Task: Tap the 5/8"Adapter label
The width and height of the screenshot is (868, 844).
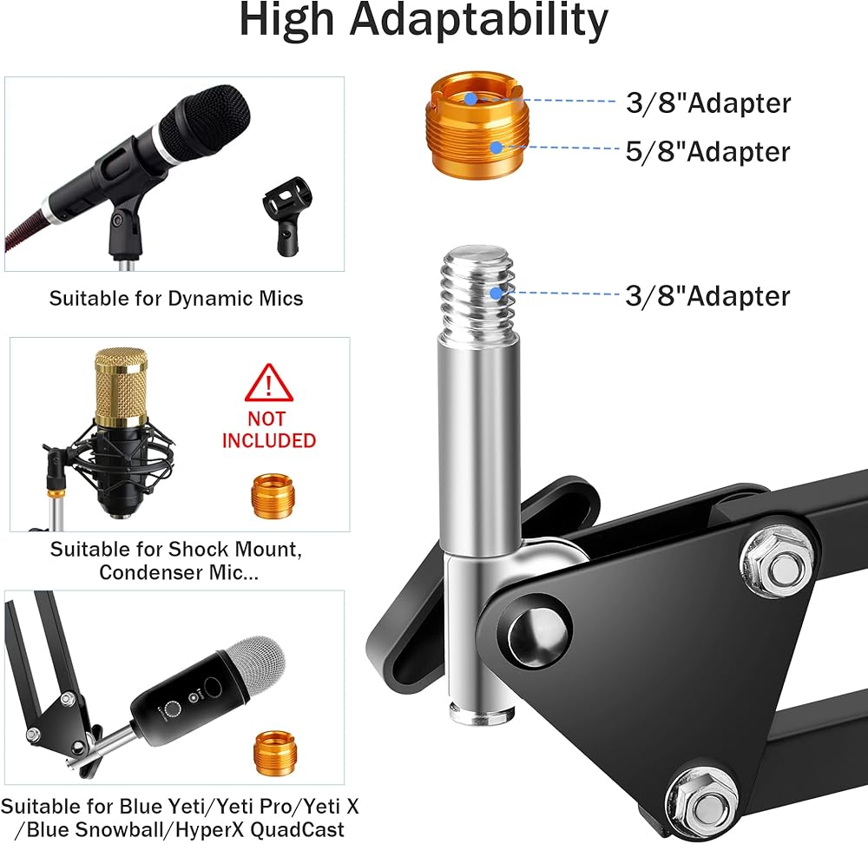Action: [708, 152]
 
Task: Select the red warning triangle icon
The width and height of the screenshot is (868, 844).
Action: [269, 382]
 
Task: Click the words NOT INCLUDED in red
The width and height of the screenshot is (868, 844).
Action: [269, 429]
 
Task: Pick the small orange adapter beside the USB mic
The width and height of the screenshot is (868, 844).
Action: [272, 753]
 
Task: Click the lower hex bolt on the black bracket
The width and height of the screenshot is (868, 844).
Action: [704, 796]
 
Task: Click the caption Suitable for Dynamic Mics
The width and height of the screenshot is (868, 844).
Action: [176, 299]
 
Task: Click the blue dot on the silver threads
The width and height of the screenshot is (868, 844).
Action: [496, 296]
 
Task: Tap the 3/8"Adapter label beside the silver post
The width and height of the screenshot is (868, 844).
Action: [708, 296]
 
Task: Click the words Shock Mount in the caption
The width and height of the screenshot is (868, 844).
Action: [225, 549]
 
